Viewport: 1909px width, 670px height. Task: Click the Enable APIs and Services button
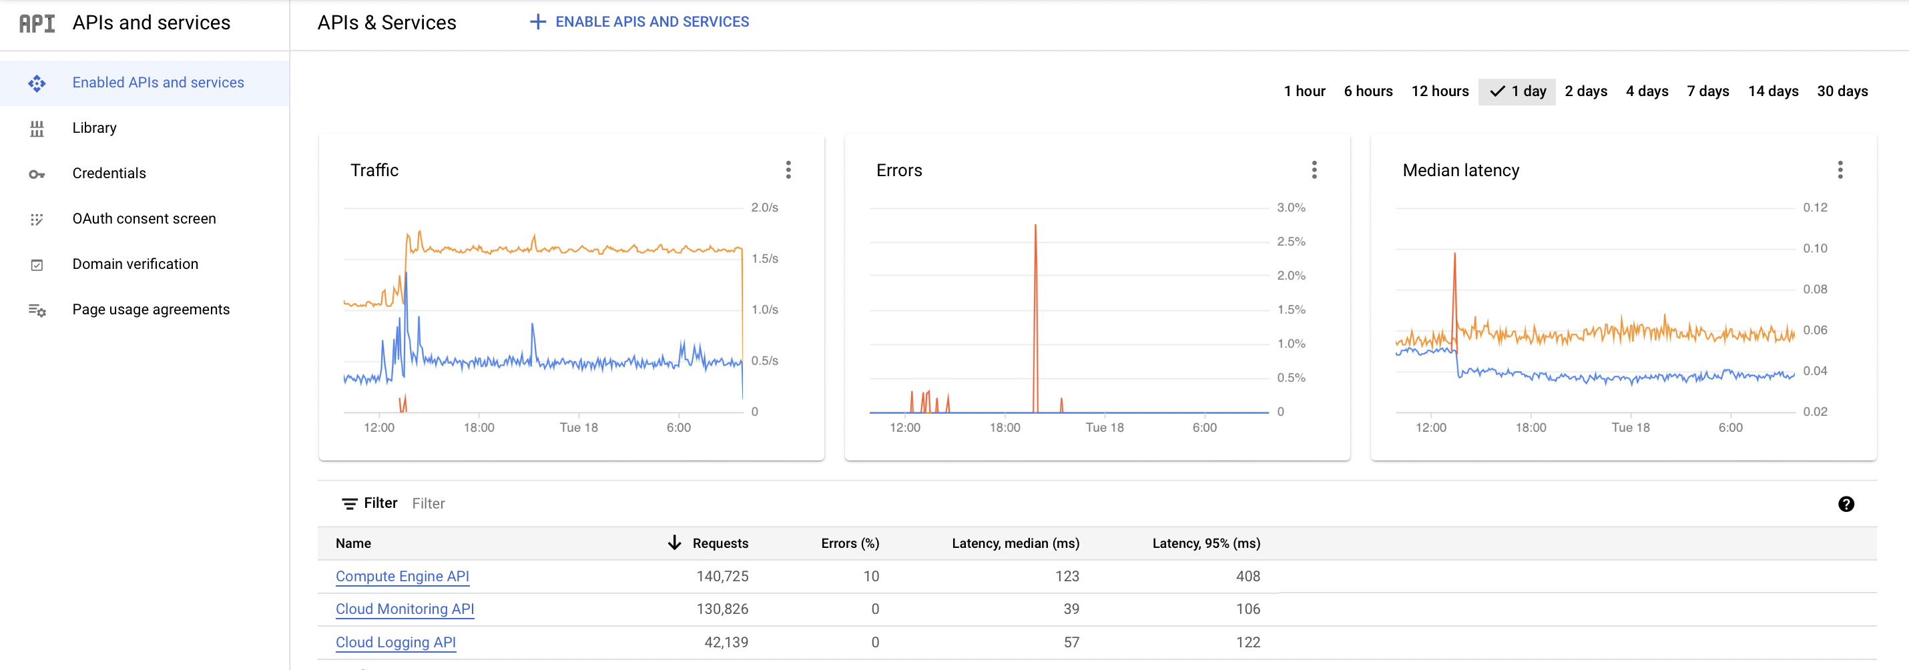(x=639, y=22)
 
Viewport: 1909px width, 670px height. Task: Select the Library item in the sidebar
(x=94, y=128)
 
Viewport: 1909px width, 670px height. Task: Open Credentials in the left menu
(x=109, y=174)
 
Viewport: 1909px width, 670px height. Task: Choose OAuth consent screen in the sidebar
(x=144, y=219)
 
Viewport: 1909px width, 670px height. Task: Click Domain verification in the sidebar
(x=135, y=264)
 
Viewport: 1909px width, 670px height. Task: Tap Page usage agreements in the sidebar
(x=150, y=309)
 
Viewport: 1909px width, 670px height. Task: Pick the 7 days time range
(x=1707, y=91)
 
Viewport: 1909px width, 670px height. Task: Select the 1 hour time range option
(x=1304, y=91)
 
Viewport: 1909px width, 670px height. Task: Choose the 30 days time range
(x=1842, y=91)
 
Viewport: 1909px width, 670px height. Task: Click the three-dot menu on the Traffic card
(x=788, y=170)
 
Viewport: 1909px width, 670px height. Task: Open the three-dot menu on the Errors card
(x=1314, y=170)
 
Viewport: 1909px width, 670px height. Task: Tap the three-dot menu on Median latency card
(x=1840, y=170)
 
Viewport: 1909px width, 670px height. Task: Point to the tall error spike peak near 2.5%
(x=1035, y=226)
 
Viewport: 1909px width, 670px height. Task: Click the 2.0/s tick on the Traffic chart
(x=764, y=208)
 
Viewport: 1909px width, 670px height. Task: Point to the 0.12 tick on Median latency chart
(x=1815, y=208)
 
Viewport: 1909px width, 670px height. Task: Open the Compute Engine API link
(x=402, y=576)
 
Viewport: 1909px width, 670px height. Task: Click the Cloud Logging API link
(x=395, y=642)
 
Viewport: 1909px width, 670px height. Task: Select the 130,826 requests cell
(x=722, y=609)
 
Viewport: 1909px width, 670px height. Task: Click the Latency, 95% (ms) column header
(x=1205, y=543)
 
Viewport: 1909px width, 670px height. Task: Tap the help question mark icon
(x=1846, y=504)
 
